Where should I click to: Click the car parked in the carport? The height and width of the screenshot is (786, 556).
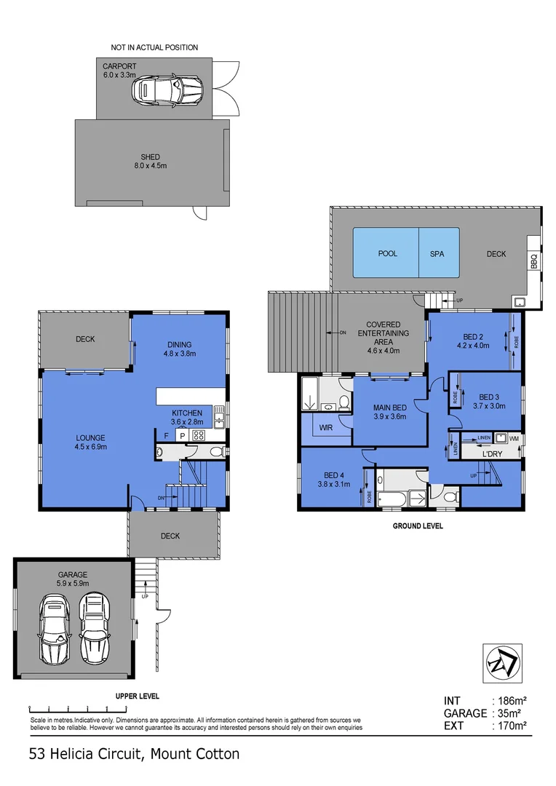click(167, 90)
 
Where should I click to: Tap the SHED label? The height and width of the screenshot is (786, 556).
click(150, 157)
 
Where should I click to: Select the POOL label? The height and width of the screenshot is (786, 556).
click(387, 254)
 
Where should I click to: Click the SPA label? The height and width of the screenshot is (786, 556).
click(437, 254)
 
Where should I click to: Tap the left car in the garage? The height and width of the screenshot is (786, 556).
click(54, 629)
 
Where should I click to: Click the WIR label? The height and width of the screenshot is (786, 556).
click(325, 428)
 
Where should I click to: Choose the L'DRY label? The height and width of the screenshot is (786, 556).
click(493, 454)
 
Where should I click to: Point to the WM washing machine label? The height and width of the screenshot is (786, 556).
click(514, 438)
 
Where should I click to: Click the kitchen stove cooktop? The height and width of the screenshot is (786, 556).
click(199, 434)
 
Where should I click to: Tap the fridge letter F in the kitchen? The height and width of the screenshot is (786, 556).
click(166, 435)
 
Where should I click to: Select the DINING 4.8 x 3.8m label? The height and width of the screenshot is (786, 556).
click(179, 349)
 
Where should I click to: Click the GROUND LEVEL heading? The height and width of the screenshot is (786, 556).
click(418, 525)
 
